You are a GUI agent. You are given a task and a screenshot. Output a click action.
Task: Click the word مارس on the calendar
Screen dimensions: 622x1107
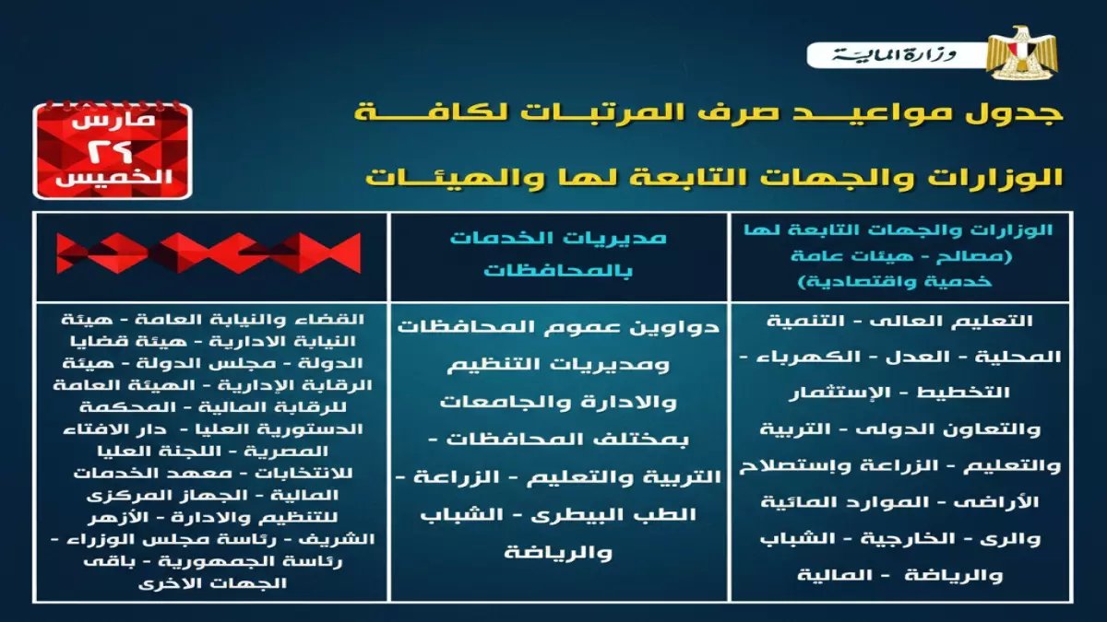pos(111,120)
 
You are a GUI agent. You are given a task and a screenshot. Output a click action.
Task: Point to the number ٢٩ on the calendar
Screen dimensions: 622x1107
pos(111,150)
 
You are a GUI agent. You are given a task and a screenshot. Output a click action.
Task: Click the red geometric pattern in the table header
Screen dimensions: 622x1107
pos(208,253)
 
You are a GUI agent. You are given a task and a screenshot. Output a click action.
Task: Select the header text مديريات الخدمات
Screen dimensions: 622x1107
pos(558,238)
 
